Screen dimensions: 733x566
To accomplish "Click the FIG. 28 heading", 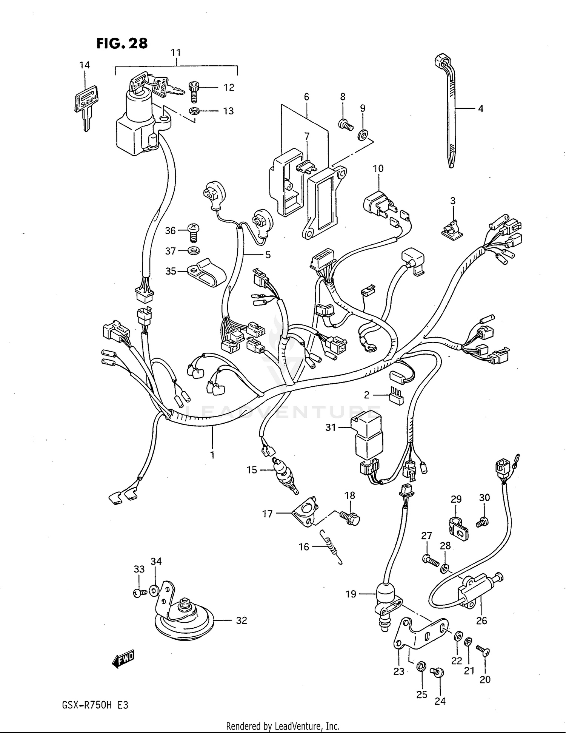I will [122, 43].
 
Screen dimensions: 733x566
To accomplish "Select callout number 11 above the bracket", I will [176, 52].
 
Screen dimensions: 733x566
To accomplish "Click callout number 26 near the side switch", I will [481, 620].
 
